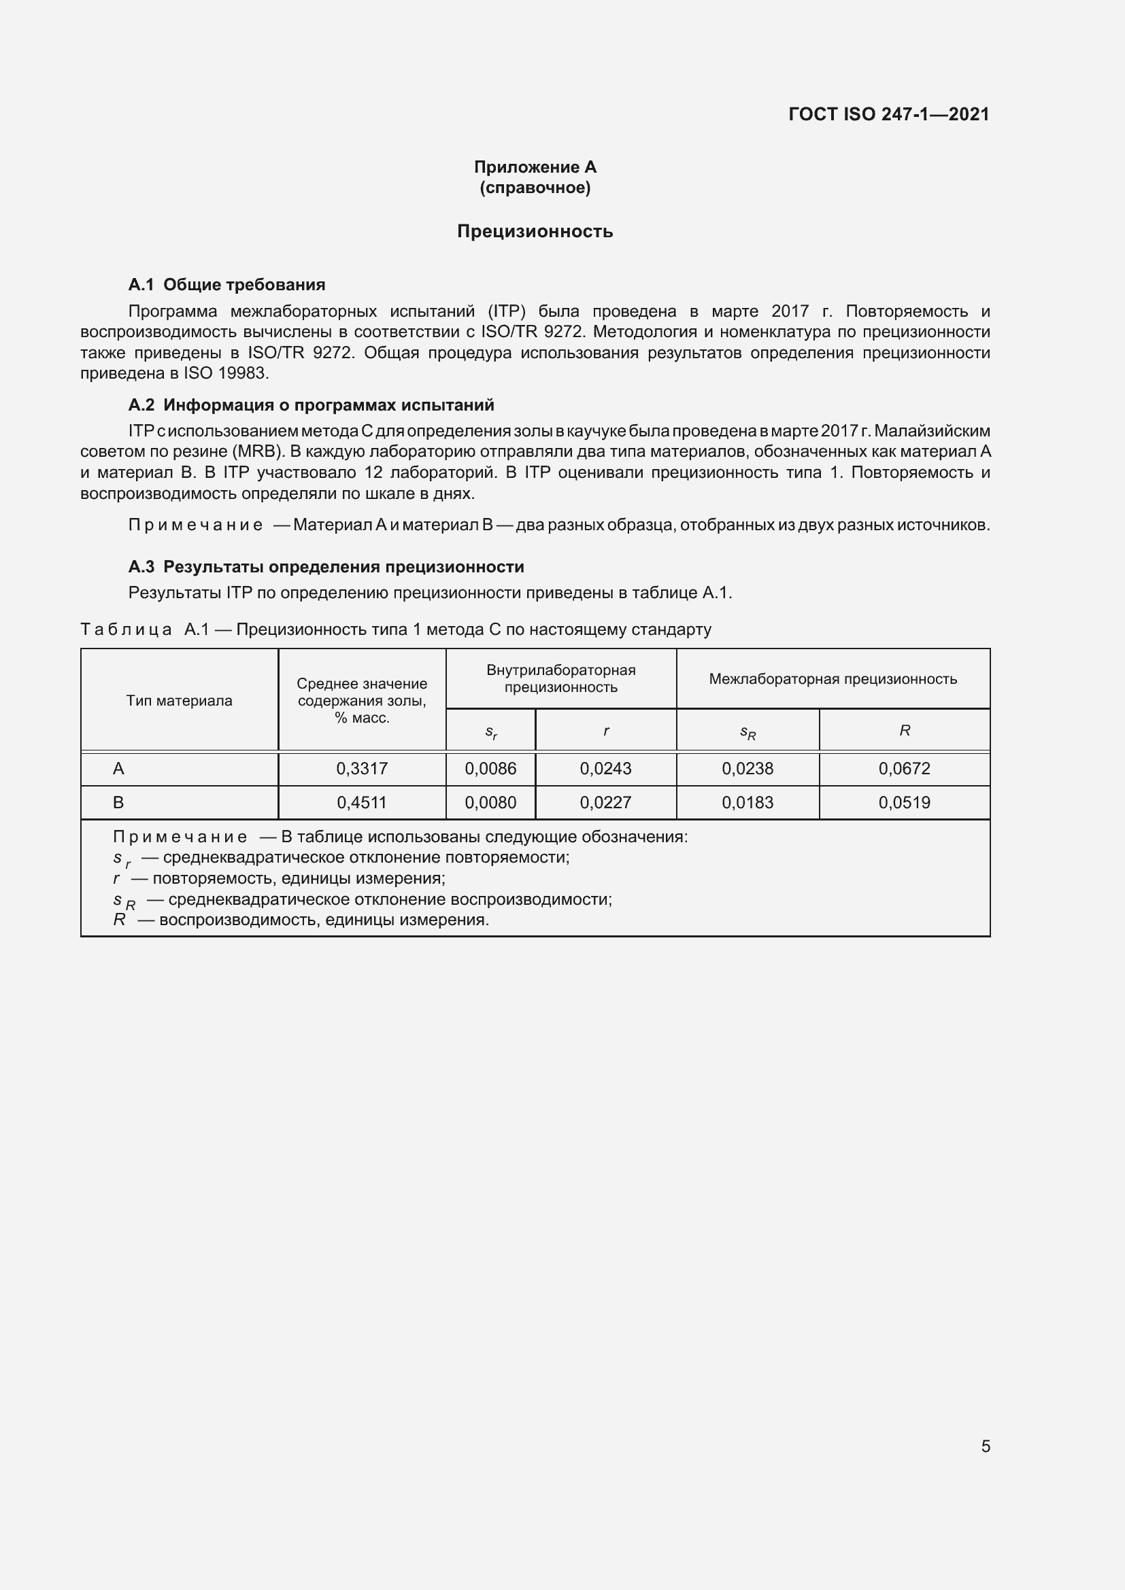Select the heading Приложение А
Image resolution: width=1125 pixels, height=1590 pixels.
(x=535, y=167)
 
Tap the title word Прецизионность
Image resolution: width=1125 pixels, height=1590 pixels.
(x=535, y=231)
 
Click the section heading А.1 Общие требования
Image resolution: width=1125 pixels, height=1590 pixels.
(x=226, y=285)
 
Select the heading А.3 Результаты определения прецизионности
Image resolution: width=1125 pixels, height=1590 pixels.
(x=326, y=566)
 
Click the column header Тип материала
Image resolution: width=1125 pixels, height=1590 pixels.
(x=180, y=700)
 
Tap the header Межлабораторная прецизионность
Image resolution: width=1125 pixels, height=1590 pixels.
(x=833, y=678)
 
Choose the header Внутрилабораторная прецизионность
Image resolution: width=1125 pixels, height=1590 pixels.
(x=560, y=678)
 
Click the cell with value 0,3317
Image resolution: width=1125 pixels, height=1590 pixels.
(x=362, y=768)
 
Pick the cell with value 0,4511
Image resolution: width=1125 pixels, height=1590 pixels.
(x=362, y=803)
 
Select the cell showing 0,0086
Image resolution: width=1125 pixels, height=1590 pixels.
(x=490, y=768)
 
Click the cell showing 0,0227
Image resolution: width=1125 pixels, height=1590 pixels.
(x=605, y=803)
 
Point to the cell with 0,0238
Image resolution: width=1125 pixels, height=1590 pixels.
(x=748, y=768)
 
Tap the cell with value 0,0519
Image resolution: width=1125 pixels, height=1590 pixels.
(x=904, y=803)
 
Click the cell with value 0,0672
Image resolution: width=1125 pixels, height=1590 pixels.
(x=904, y=768)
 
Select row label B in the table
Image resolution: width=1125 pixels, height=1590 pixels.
(x=118, y=803)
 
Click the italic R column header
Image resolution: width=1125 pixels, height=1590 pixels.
(x=904, y=730)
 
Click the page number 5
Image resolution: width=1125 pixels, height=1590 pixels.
(x=985, y=1446)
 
